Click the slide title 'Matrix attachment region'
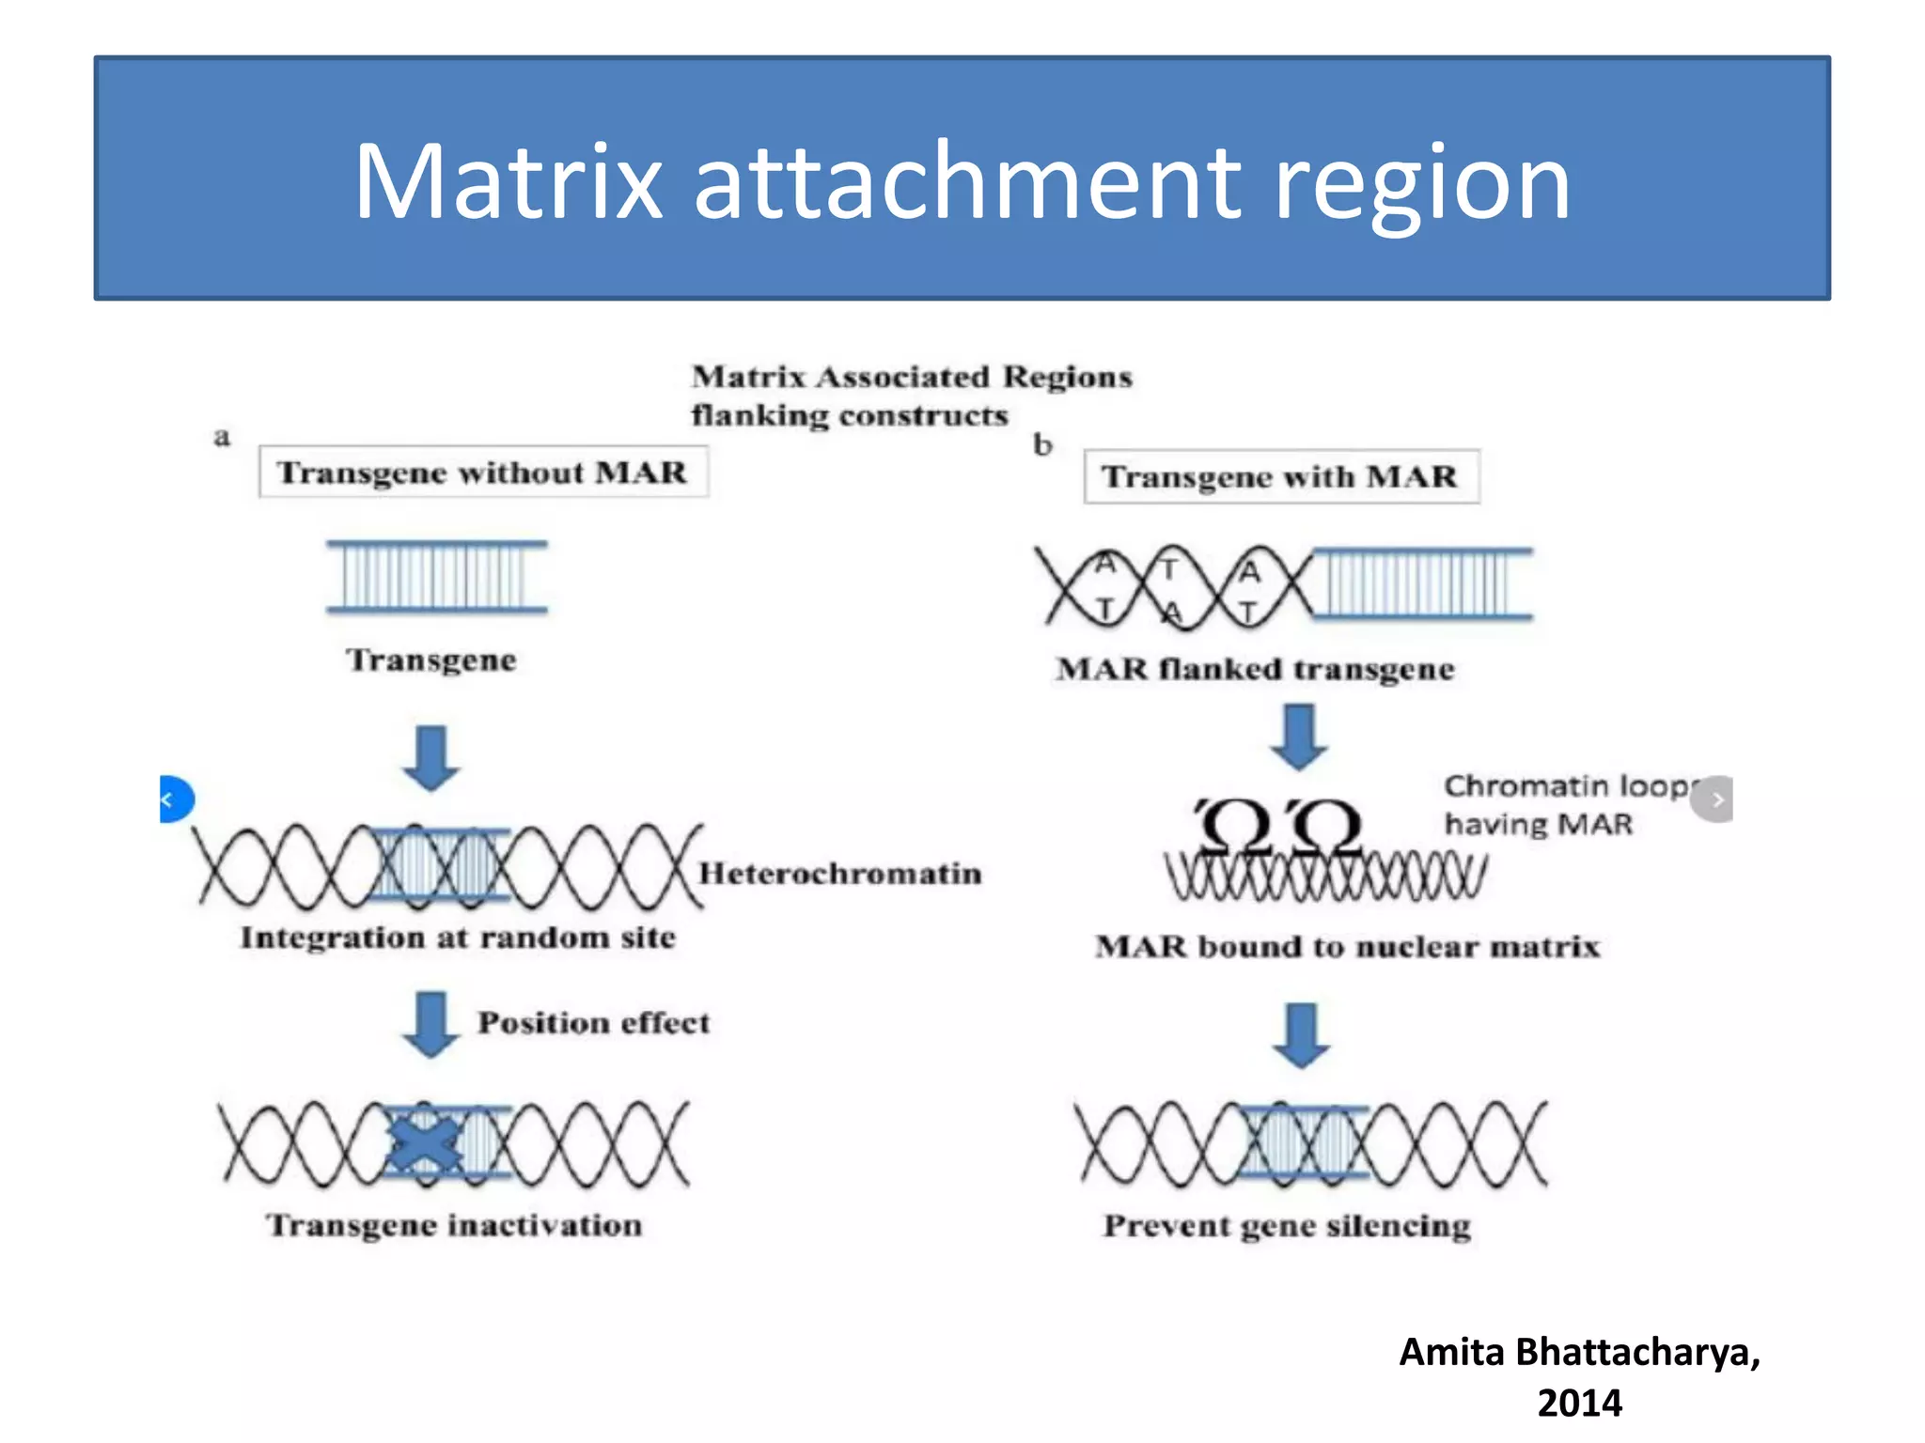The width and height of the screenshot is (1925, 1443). [x=962, y=180]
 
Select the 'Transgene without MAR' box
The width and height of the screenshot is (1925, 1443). [x=483, y=472]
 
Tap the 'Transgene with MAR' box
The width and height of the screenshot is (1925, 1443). [x=1281, y=476]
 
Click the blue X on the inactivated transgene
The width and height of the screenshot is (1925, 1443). [x=425, y=1140]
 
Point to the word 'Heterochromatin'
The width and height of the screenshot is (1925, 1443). [x=839, y=874]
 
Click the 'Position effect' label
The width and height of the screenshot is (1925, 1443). [x=593, y=1022]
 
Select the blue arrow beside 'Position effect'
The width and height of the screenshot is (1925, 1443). [x=431, y=1023]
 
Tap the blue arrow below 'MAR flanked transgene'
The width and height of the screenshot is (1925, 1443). [x=1299, y=736]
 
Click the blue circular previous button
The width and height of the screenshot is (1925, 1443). [x=175, y=799]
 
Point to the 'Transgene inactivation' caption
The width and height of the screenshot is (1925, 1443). [x=455, y=1225]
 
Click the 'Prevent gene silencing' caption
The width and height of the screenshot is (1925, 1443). [x=1287, y=1226]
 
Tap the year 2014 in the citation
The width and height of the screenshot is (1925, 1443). [x=1579, y=1403]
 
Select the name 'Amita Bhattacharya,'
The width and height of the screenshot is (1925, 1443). [x=1579, y=1352]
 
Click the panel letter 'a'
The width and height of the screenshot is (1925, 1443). [x=222, y=437]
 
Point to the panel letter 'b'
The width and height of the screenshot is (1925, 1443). [x=1042, y=444]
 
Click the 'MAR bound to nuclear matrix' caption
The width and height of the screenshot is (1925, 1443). [x=1347, y=946]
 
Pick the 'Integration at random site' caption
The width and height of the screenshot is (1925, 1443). [x=458, y=938]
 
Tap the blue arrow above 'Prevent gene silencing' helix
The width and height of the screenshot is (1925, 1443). [x=1301, y=1034]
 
